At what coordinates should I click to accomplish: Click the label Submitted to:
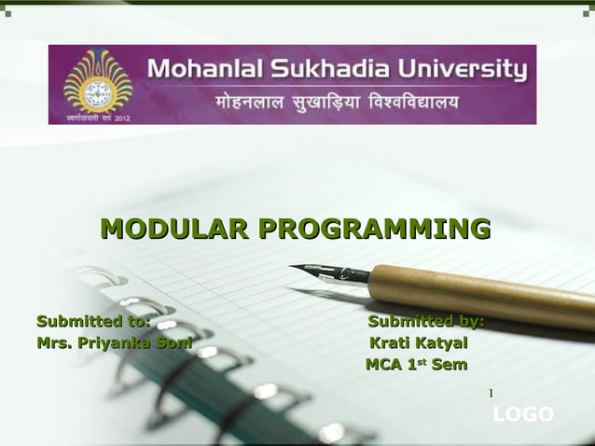(x=93, y=322)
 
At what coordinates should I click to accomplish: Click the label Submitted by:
(x=426, y=322)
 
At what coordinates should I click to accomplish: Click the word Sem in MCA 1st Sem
(x=448, y=364)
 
